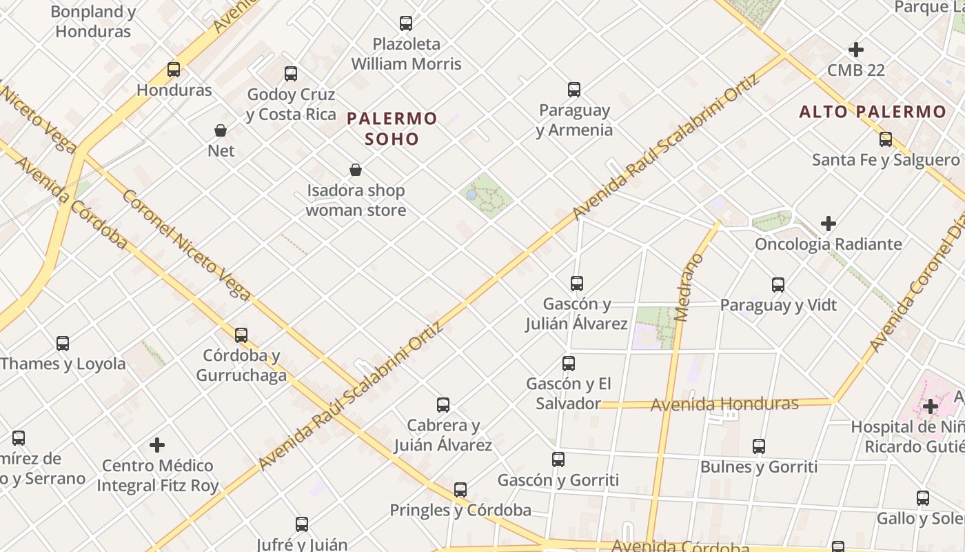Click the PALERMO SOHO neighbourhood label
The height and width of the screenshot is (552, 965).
pyautogui.click(x=392, y=128)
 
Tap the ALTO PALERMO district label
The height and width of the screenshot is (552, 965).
pyautogui.click(x=873, y=112)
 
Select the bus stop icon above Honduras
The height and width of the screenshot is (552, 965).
pyautogui.click(x=174, y=70)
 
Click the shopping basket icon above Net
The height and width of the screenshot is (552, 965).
pyautogui.click(x=221, y=130)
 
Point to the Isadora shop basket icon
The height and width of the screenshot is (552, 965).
pyautogui.click(x=356, y=170)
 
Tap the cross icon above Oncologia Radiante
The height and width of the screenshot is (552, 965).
pyautogui.click(x=829, y=224)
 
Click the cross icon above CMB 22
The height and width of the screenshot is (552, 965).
pyautogui.click(x=856, y=50)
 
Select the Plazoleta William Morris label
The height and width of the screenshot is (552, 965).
pyautogui.click(x=406, y=54)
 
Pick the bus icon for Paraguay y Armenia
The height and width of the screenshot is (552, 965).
pyautogui.click(x=574, y=90)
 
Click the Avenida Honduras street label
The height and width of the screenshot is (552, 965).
pyautogui.click(x=724, y=404)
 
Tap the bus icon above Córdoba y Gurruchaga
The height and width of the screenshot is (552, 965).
pyautogui.click(x=241, y=335)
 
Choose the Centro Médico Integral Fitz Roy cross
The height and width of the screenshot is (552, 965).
pyautogui.click(x=158, y=445)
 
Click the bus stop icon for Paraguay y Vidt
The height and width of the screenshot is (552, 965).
pyautogui.click(x=778, y=284)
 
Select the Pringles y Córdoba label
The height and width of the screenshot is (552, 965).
pyautogui.click(x=460, y=511)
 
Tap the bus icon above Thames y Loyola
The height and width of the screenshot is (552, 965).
pyautogui.click(x=63, y=343)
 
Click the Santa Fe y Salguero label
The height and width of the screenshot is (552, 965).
pyautogui.click(x=886, y=160)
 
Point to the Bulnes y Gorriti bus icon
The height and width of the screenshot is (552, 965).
pyautogui.click(x=759, y=446)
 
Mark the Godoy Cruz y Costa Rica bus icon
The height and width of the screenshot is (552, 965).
pyautogui.click(x=291, y=74)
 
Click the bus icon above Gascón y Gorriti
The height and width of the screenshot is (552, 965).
pyautogui.click(x=558, y=460)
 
